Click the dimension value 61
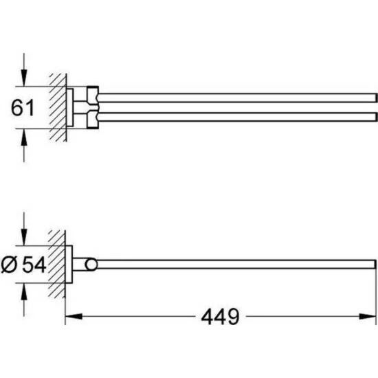click(x=23, y=108)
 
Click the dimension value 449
click(x=220, y=316)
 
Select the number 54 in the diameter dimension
click(x=34, y=265)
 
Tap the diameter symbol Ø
click(x=9, y=265)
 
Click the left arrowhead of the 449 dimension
click(x=74, y=316)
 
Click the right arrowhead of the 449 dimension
click(x=368, y=316)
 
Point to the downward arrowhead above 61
click(x=23, y=78)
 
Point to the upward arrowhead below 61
click(x=23, y=137)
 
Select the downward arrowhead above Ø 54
click(x=23, y=237)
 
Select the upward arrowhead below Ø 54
click(x=23, y=291)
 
